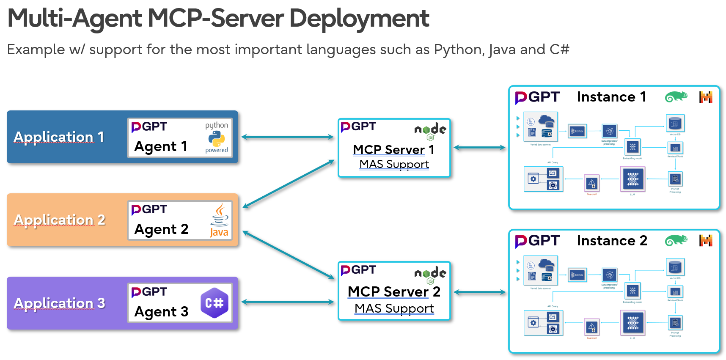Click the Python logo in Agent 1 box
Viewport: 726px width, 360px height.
tap(216, 138)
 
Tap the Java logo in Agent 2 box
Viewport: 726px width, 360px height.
tap(219, 220)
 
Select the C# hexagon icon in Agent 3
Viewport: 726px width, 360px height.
tap(214, 303)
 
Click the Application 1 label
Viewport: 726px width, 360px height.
tap(59, 137)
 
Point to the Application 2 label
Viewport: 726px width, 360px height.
tap(59, 220)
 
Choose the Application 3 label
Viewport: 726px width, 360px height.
tap(59, 303)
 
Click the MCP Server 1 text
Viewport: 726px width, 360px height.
tap(393, 150)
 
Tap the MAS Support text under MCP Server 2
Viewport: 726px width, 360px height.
tap(394, 308)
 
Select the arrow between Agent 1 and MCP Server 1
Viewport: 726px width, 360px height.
tap(287, 137)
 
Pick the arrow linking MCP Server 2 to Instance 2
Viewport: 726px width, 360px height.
tap(479, 292)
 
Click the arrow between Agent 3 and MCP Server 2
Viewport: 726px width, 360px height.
tap(287, 302)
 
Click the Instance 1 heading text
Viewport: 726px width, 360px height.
tap(611, 97)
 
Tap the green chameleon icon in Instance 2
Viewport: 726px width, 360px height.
tap(676, 240)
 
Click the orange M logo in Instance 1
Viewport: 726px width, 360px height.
tap(705, 97)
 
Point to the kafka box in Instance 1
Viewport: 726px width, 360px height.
tap(577, 131)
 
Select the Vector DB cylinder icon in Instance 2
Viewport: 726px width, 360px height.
tap(675, 267)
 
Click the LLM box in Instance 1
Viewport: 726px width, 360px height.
tap(632, 179)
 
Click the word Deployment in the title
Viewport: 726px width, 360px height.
tap(359, 19)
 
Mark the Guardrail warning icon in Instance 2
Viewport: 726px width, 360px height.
tap(591, 327)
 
